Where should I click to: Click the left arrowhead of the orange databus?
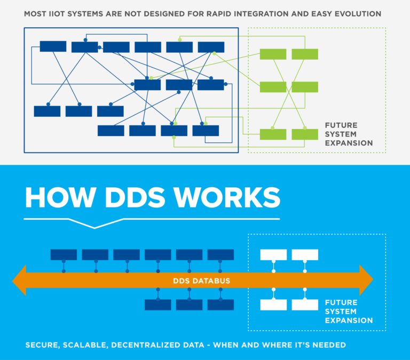(19, 280)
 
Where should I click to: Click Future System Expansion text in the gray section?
(349, 134)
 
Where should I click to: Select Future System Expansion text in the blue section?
(349, 311)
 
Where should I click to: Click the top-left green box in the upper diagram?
(273, 54)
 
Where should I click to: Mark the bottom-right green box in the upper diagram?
(305, 134)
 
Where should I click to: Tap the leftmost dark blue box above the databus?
(64, 254)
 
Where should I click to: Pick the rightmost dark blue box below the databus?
(220, 305)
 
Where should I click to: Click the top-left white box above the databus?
(273, 254)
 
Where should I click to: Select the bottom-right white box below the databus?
(305, 305)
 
